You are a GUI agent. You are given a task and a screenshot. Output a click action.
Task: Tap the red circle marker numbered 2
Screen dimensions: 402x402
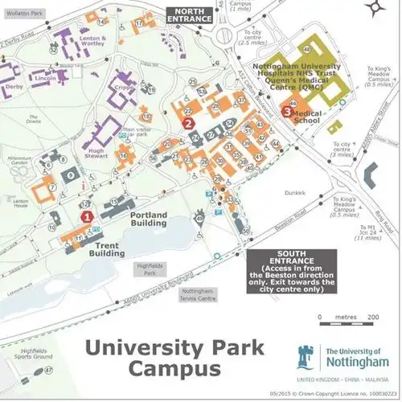click(x=188, y=123)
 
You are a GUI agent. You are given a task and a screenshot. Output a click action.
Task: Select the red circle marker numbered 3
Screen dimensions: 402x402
click(x=287, y=113)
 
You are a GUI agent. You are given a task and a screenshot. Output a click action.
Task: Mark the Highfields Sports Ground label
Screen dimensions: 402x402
click(x=30, y=356)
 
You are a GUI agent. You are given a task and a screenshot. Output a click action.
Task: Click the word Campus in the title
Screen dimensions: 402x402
click(x=176, y=369)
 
